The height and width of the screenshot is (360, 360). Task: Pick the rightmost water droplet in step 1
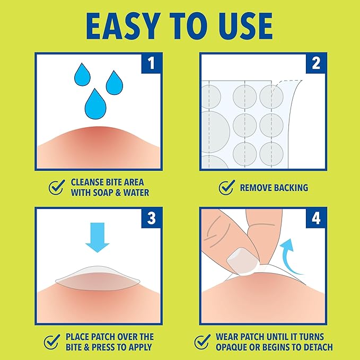(115, 83)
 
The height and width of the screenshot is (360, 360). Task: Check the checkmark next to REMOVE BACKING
(226, 187)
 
